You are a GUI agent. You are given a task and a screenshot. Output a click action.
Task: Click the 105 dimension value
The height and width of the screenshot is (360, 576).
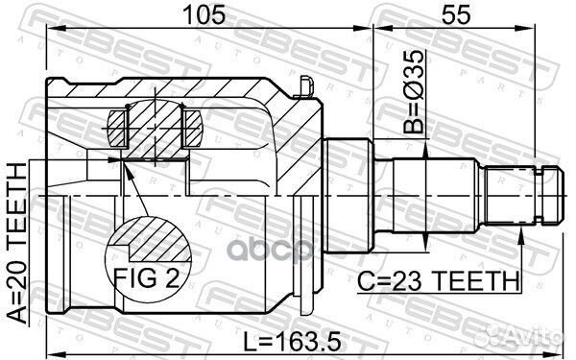pos(204,15)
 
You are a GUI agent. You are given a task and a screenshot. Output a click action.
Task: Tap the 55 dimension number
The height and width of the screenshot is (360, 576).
pos(456,15)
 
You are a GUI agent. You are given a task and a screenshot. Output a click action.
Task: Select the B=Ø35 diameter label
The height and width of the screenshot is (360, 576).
pos(413,91)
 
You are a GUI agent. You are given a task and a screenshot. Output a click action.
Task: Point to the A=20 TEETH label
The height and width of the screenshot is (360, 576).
pos(17,243)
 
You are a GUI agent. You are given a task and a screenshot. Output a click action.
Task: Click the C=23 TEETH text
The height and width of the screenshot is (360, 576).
pos(439,281)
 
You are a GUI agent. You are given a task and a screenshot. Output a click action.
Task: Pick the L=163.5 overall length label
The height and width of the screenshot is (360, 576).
pos(293,342)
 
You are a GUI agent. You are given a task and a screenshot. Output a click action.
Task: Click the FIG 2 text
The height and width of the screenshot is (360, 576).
pos(147,278)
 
